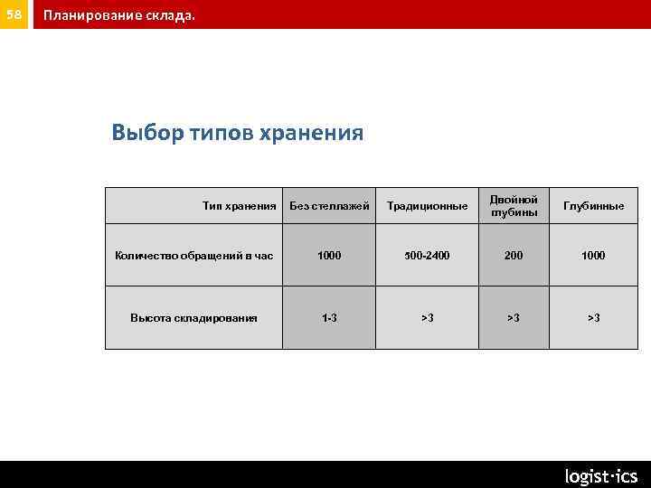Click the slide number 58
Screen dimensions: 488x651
[x=14, y=14]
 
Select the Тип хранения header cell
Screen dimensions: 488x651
[x=239, y=206]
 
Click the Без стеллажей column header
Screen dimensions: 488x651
[x=329, y=206]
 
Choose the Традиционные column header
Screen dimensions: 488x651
[x=427, y=206]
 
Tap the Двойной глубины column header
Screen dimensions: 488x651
[x=514, y=205]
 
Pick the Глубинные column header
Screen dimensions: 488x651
[x=593, y=206]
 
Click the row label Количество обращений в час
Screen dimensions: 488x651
[x=193, y=256]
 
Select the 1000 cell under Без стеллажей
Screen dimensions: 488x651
[x=329, y=256]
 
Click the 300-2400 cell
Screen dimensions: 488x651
[x=427, y=256]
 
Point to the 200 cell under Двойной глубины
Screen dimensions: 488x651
[x=514, y=256]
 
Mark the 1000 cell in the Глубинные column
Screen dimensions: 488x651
[x=593, y=256]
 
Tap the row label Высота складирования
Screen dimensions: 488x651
[x=193, y=317]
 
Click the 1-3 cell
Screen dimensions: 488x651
[x=329, y=317]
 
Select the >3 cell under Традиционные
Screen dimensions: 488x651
[x=427, y=317]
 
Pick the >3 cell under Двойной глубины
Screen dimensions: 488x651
[x=514, y=317]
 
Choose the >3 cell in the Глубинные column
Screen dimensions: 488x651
[x=593, y=317]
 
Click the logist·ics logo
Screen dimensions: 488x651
[x=600, y=475]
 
